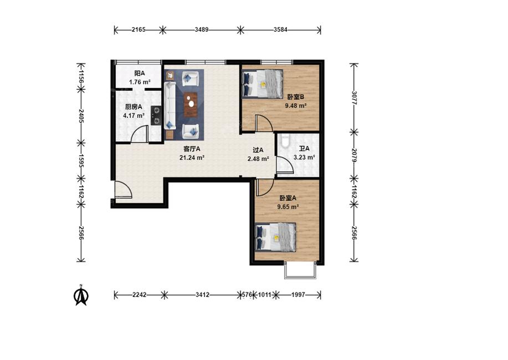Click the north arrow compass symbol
[x=81, y=295]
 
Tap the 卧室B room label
[x=295, y=97]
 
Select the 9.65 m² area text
[x=288, y=207]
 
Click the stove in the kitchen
[x=156, y=116]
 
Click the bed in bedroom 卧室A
[x=275, y=237]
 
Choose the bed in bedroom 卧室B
[x=263, y=84]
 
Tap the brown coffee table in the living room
[x=191, y=104]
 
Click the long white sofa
[x=170, y=105]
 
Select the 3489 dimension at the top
[x=202, y=30]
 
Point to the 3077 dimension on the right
[x=354, y=97]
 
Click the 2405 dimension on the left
[x=81, y=116]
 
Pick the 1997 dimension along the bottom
[x=298, y=295]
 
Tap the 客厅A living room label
[x=192, y=149]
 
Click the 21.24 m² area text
[x=192, y=158]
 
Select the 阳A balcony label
[x=140, y=74]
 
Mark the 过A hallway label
[x=258, y=150]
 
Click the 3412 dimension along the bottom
[x=202, y=295]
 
